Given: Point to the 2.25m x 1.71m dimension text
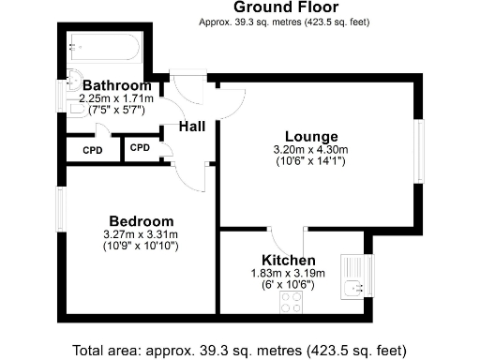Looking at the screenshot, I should click(116, 97).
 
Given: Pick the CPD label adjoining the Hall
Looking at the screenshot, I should click(140, 147).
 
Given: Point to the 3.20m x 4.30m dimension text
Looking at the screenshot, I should click(310, 149).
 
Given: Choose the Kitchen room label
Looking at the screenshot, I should click(288, 260).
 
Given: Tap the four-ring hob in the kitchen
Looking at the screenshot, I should click(290, 301).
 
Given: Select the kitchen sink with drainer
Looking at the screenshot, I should click(354, 278).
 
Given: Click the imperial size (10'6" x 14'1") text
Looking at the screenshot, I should click(310, 160).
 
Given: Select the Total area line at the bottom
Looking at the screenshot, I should click(240, 349).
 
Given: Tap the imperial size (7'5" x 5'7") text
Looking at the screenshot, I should click(116, 109).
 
